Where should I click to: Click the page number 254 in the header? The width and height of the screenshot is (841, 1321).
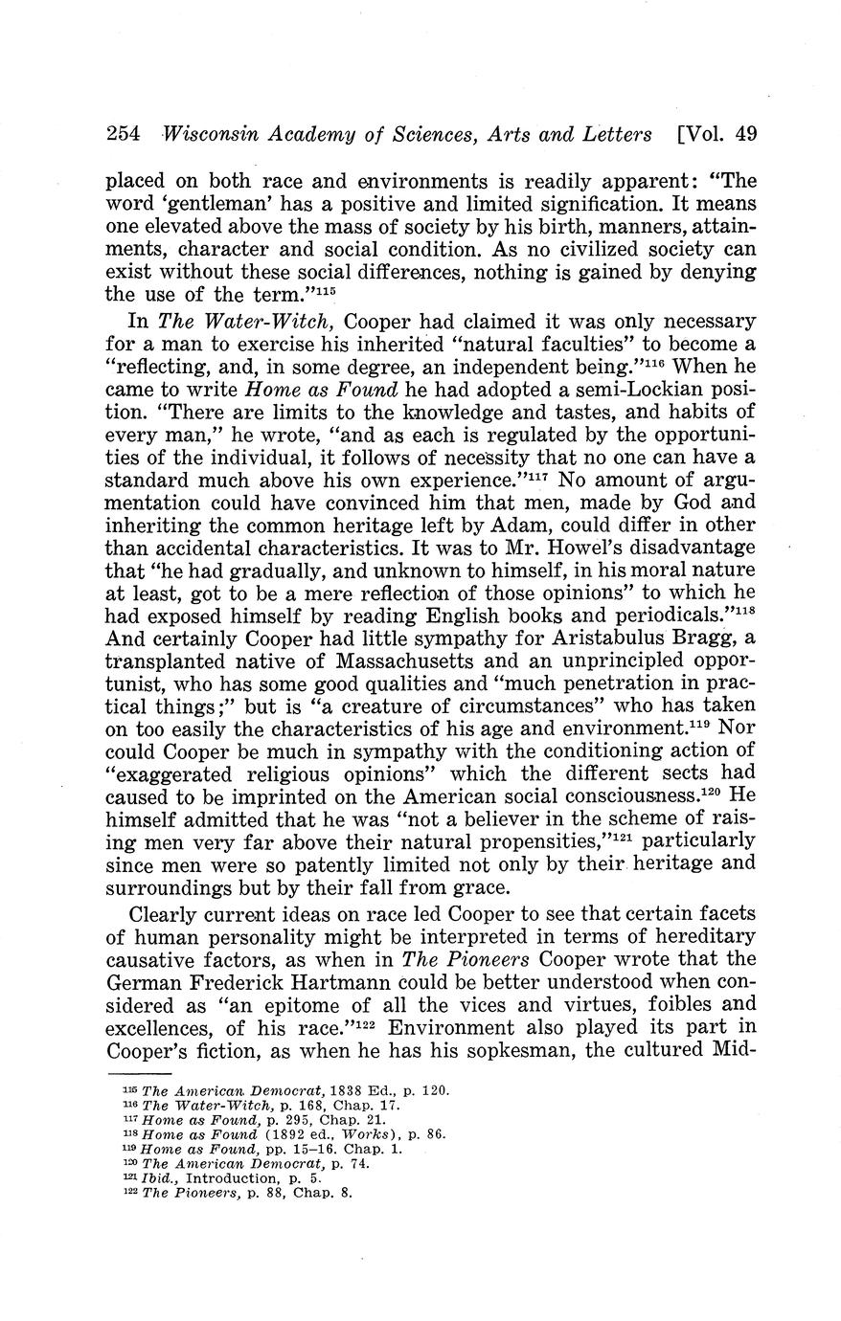(124, 134)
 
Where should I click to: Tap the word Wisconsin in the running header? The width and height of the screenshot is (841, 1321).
(209, 134)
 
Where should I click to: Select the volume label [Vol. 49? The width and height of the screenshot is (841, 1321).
(717, 134)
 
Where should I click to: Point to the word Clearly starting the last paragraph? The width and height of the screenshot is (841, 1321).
(168, 913)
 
